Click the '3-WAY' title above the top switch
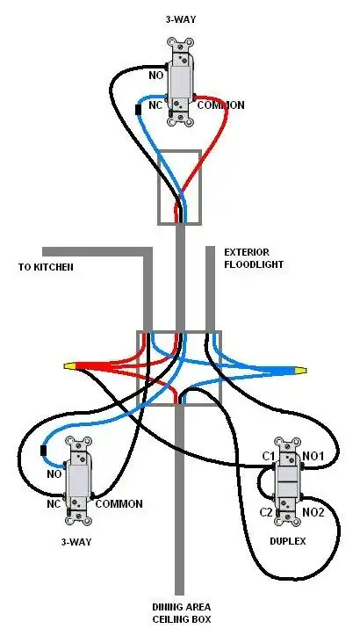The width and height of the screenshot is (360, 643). coord(181,18)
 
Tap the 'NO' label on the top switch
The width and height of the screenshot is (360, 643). coord(155,76)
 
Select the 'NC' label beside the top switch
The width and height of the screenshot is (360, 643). coord(155,105)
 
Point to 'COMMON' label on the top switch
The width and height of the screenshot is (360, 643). coord(220,105)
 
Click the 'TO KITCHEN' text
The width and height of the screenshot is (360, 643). coord(46,266)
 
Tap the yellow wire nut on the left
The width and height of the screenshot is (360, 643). coord(70,365)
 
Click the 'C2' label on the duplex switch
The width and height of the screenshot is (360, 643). coord(267,511)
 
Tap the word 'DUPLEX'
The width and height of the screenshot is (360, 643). coord(289,542)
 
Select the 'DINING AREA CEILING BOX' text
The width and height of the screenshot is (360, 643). coord(180,613)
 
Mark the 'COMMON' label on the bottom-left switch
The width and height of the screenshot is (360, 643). coord(119,504)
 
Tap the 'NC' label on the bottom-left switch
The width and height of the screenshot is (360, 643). coord(52,504)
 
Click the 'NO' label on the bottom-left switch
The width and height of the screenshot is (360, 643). coord(54,474)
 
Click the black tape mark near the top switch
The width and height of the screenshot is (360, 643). coord(138,111)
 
